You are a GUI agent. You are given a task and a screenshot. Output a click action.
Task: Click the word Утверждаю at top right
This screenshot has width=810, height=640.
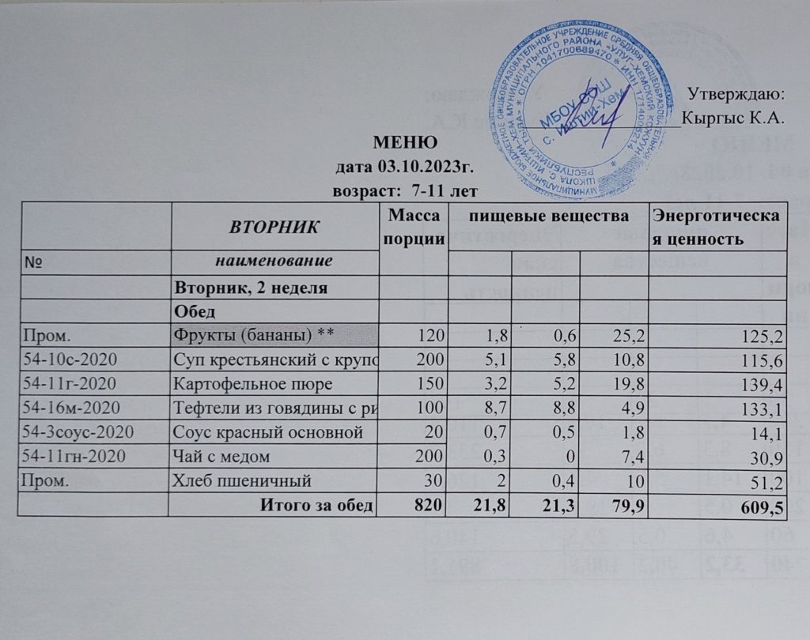tap(735, 94)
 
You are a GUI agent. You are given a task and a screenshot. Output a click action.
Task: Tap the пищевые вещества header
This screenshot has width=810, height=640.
tap(547, 215)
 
